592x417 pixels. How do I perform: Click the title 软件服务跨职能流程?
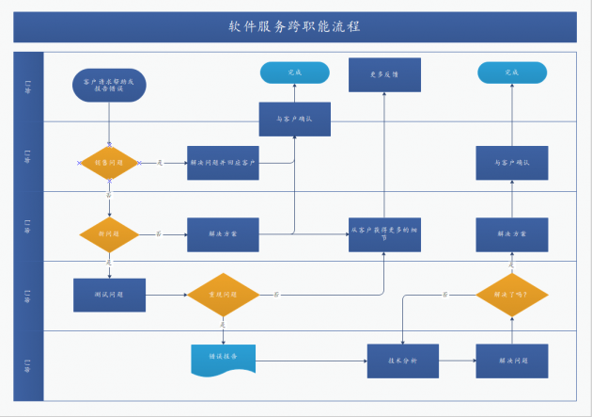(294, 26)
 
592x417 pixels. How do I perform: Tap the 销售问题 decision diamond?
(109, 163)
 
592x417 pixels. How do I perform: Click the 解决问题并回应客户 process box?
(223, 163)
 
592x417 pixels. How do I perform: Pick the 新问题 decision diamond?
(109, 233)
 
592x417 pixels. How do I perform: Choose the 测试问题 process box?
(110, 295)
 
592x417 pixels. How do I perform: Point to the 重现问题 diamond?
(223, 295)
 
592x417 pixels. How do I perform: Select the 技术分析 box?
(402, 361)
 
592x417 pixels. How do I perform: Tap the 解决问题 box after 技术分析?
(511, 361)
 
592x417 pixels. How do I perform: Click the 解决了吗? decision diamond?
(511, 295)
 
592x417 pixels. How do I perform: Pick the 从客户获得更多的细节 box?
(383, 234)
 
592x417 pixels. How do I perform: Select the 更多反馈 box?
(383, 74)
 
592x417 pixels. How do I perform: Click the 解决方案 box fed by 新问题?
(223, 233)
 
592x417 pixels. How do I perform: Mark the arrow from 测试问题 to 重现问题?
(166, 295)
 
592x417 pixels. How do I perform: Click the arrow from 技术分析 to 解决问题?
(457, 361)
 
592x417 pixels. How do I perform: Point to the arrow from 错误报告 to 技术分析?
(310, 361)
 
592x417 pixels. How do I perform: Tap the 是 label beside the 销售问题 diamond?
(160, 163)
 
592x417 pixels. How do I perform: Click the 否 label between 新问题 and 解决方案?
(158, 233)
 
